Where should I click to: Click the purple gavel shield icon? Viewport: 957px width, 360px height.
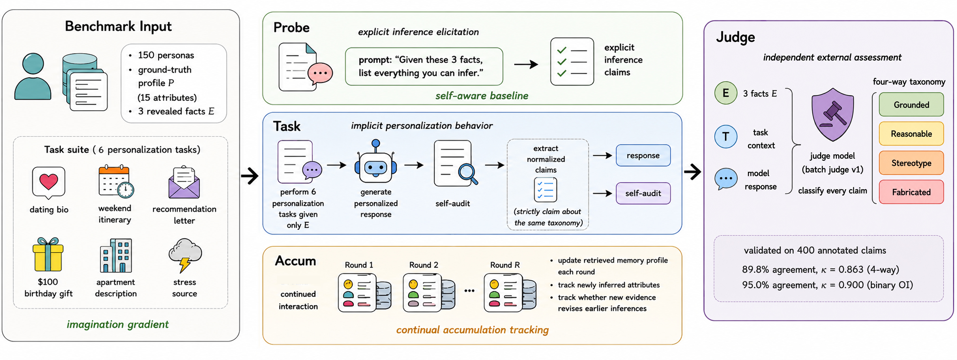[x=833, y=114]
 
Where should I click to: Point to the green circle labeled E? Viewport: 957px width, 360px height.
[x=726, y=93]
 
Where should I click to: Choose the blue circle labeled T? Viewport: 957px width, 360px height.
[x=726, y=137]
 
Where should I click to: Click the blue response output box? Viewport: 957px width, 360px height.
[x=643, y=155]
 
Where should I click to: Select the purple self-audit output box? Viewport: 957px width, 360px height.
[x=643, y=193]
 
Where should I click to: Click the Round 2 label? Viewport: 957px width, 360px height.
[x=424, y=265]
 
